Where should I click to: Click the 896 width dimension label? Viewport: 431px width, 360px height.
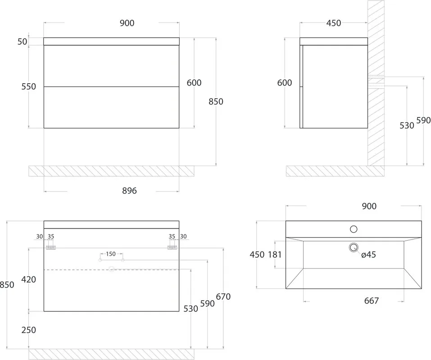click(129, 190)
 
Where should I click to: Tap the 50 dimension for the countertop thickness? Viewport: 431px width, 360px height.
click(22, 42)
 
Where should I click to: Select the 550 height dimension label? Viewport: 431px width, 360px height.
click(28, 86)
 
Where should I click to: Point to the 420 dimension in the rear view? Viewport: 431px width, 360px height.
click(28, 279)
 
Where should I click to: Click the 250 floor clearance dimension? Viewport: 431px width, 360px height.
click(28, 330)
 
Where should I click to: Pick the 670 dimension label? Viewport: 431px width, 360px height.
click(223, 297)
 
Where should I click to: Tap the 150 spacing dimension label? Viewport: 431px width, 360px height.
click(111, 254)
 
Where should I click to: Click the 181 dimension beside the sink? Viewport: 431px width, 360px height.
click(275, 255)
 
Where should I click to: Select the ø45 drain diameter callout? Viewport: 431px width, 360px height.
click(368, 255)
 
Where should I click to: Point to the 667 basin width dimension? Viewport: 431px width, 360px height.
click(372, 301)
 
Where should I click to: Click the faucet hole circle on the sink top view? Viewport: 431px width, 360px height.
click(354, 229)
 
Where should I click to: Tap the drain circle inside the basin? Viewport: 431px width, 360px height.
click(354, 247)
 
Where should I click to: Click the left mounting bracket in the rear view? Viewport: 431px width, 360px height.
click(51, 247)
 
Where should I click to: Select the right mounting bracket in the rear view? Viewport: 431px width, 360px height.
click(172, 247)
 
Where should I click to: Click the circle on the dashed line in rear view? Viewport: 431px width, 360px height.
click(111, 269)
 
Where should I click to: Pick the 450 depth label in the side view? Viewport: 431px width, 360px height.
click(333, 23)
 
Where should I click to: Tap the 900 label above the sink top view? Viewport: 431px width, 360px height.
click(369, 206)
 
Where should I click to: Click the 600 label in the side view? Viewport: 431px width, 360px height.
click(285, 83)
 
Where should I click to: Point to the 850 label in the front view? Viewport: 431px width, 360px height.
click(216, 102)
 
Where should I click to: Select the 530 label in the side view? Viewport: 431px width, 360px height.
click(407, 126)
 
